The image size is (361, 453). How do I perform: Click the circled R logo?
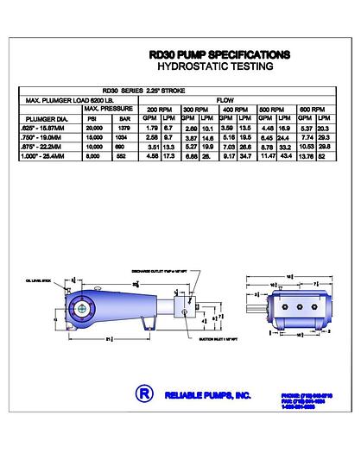pos(142,393)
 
